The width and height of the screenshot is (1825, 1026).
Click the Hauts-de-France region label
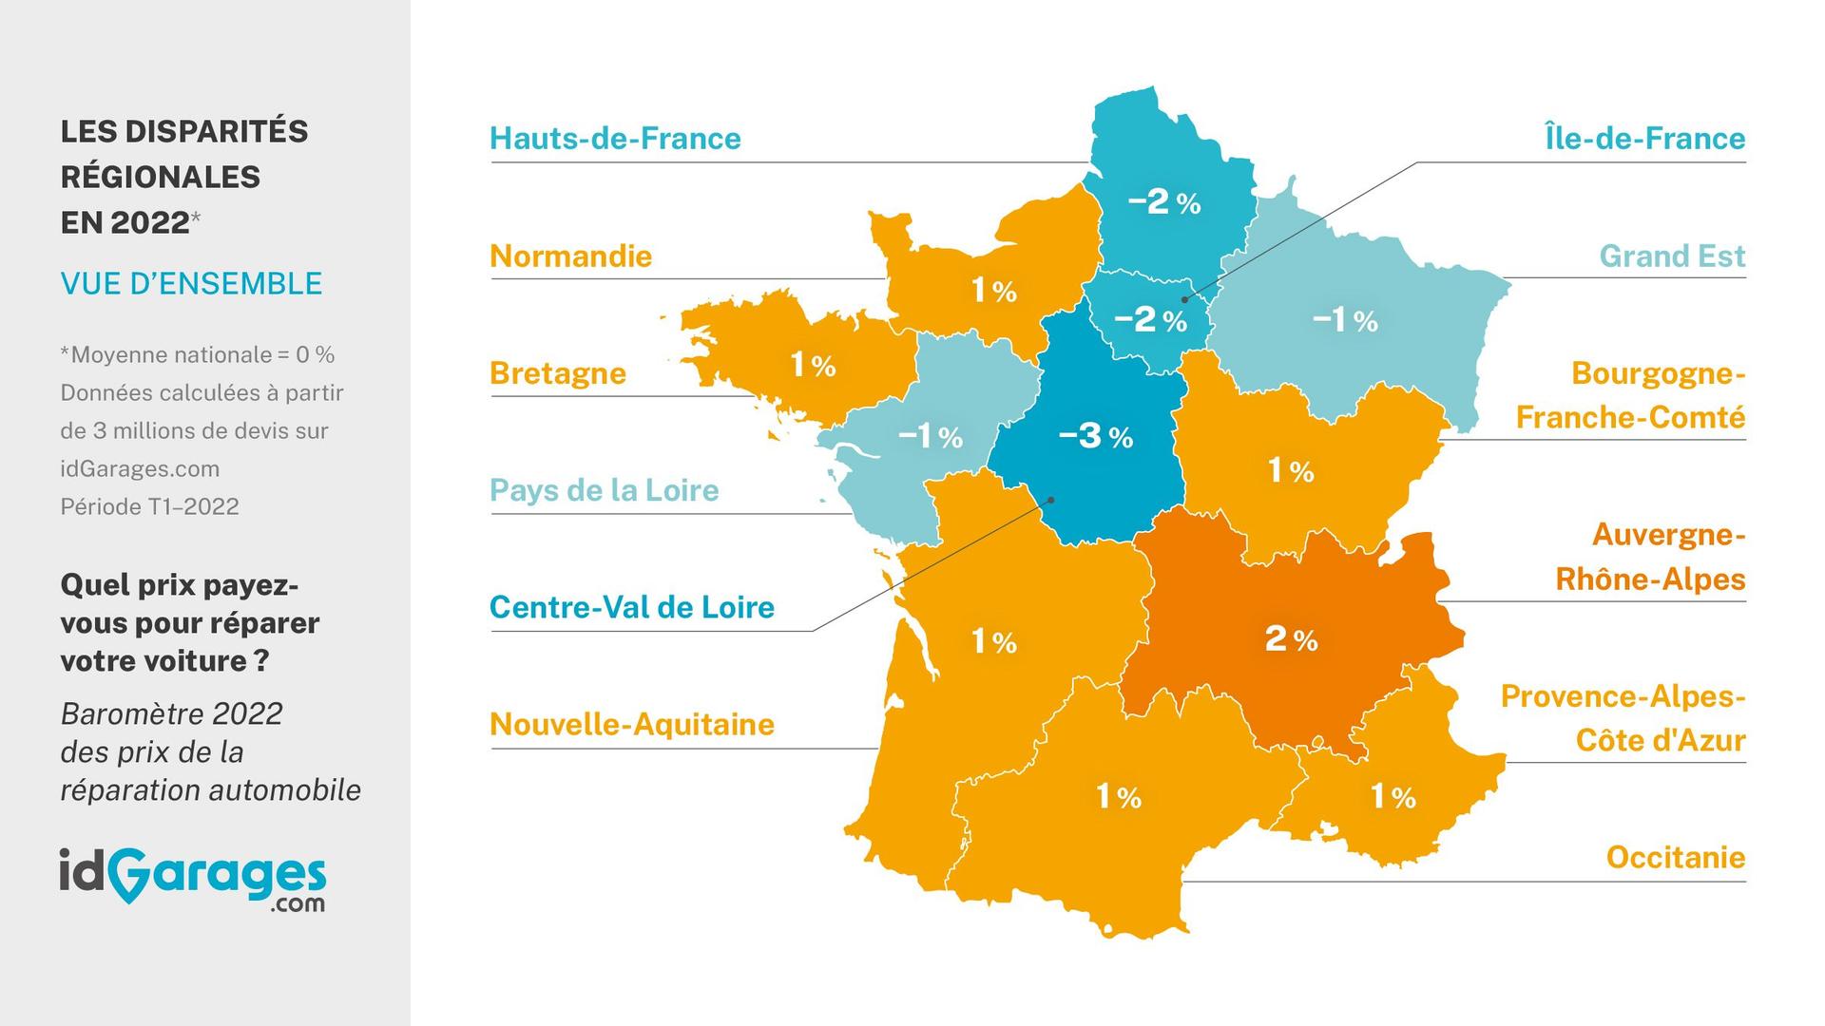pos(615,139)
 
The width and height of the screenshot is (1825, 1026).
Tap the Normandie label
pos(570,256)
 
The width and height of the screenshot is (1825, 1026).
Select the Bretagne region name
pos(557,373)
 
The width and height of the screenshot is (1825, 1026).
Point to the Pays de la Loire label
pos(604,490)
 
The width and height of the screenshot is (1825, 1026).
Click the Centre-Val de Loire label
pos(631,607)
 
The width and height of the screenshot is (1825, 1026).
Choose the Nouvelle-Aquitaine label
pos(631,725)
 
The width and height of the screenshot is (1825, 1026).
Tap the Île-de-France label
pos(1644,139)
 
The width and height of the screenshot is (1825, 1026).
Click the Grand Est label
pos(1672,256)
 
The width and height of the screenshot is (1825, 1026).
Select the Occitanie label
pos(1675,858)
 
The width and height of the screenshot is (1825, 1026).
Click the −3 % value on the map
pos(1095,436)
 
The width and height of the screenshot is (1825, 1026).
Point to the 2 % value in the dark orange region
pos(1291,639)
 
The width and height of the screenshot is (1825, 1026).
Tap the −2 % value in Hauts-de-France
pos(1163,201)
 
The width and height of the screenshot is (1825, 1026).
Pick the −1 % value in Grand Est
pos(1345,320)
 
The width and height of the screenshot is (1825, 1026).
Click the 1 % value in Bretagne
pos(813,364)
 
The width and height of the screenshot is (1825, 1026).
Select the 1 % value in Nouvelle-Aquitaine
pos(993,642)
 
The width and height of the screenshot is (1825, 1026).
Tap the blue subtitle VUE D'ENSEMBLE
pos(191,284)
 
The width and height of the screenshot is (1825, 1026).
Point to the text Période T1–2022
pos(149,506)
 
